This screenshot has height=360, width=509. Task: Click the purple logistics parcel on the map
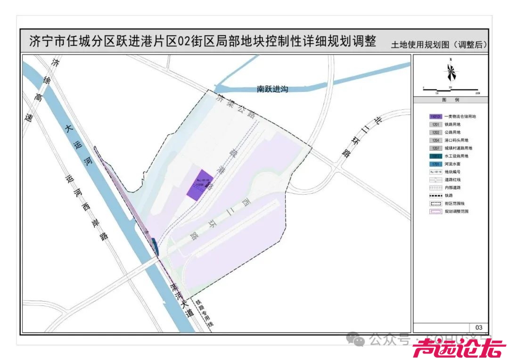pos(200,184)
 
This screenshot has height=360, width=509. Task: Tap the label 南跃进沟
pos(272,89)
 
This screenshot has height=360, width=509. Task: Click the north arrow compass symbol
pos(451,72)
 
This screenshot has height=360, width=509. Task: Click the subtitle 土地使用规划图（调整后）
pos(439,45)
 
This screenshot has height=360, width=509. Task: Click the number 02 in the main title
pos(183,41)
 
